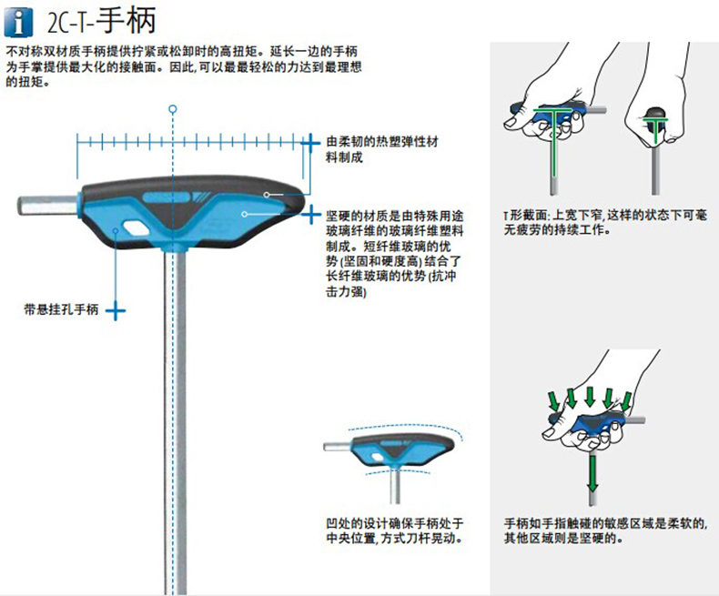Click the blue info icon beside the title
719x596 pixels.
pyautogui.click(x=18, y=19)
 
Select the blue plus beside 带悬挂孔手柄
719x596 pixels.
pyautogui.click(x=115, y=310)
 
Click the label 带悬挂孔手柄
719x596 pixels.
pyautogui.click(x=60, y=310)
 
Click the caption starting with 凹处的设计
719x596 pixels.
pyautogui.click(x=394, y=531)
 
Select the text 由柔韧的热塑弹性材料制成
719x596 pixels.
pyautogui.click(x=382, y=150)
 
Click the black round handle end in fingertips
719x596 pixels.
pyautogui.click(x=654, y=116)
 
